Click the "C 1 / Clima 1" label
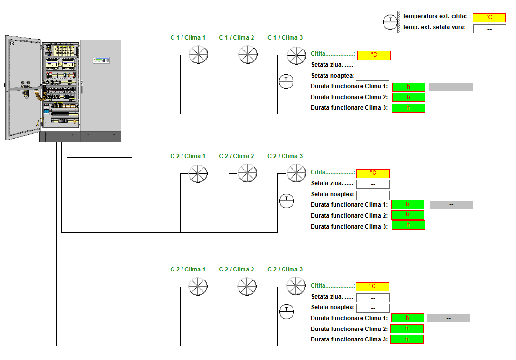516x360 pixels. pyautogui.click(x=188, y=38)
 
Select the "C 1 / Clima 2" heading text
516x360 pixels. pyautogui.click(x=236, y=38)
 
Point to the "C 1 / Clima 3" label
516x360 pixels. pyautogui.click(x=285, y=38)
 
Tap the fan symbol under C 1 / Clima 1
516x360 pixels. pyautogui.click(x=199, y=54)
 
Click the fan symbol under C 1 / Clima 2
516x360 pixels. pyautogui.click(x=248, y=54)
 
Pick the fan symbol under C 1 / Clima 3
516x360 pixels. pyautogui.click(x=296, y=55)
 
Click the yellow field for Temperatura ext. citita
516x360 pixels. pyautogui.click(x=489, y=18)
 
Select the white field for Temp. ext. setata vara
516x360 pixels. pyautogui.click(x=489, y=29)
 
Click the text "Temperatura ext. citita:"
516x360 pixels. pyautogui.click(x=435, y=17)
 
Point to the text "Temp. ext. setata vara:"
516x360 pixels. pyautogui.click(x=434, y=27)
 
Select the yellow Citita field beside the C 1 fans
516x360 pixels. pyautogui.click(x=374, y=55)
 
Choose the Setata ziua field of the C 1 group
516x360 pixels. pyautogui.click(x=373, y=66)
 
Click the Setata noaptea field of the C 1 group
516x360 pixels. pyautogui.click(x=373, y=76)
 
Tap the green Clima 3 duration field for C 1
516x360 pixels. pyautogui.click(x=408, y=108)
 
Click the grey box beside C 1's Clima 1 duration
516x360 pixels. pyautogui.click(x=451, y=87)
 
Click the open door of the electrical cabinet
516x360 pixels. pyautogui.click(x=22, y=88)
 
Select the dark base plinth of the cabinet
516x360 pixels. pyautogui.click(x=80, y=137)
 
